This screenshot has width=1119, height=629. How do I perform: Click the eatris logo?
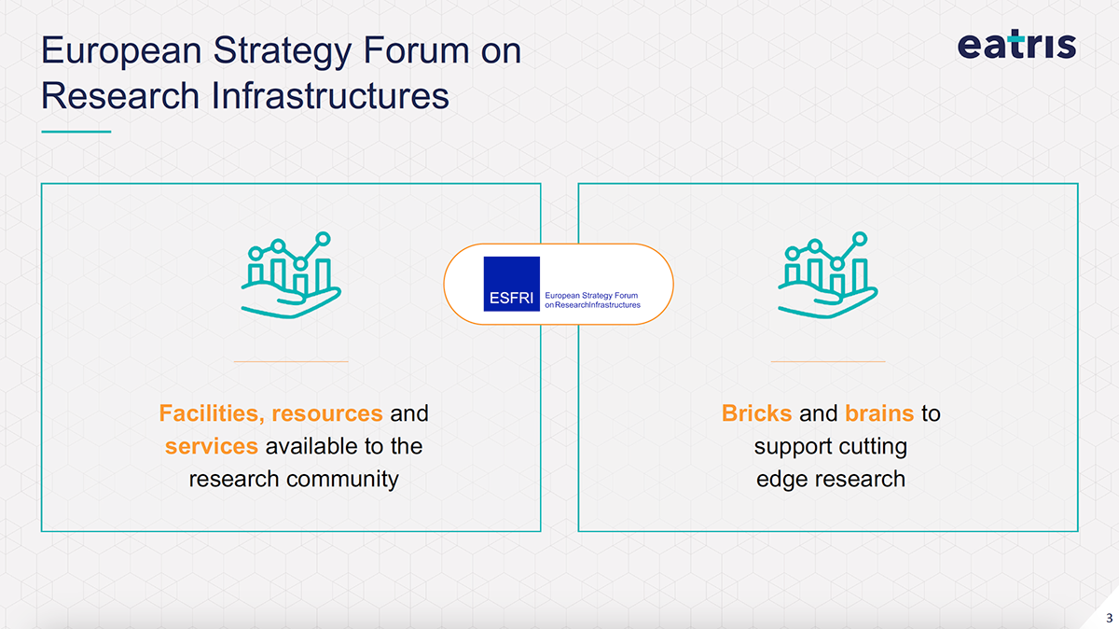pyautogui.click(x=1016, y=44)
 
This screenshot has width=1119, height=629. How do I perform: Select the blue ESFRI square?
pyautogui.click(x=511, y=284)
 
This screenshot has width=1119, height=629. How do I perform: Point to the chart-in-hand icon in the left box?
pyautogui.click(x=290, y=275)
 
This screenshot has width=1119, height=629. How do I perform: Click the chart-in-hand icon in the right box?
pyautogui.click(x=827, y=275)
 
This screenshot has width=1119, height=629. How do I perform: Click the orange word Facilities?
pyautogui.click(x=211, y=412)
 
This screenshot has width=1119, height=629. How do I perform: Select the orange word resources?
pyautogui.click(x=326, y=412)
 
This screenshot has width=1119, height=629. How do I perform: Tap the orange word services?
pyautogui.click(x=211, y=446)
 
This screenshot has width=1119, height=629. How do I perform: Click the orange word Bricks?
pyautogui.click(x=756, y=412)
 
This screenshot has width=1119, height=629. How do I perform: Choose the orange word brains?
pyautogui.click(x=878, y=412)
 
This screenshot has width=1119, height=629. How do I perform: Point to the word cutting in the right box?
pyautogui.click(x=871, y=446)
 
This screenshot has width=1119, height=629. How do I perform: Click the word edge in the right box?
pyautogui.click(x=781, y=480)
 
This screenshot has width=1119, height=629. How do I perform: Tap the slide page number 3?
pyautogui.click(x=1109, y=618)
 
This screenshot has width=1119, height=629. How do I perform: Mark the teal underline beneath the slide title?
pyautogui.click(x=76, y=132)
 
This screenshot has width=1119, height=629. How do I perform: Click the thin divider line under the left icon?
pyautogui.click(x=290, y=361)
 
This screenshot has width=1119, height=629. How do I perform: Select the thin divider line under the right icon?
pyautogui.click(x=827, y=361)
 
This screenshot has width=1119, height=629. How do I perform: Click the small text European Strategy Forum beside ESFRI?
pyautogui.click(x=590, y=296)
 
